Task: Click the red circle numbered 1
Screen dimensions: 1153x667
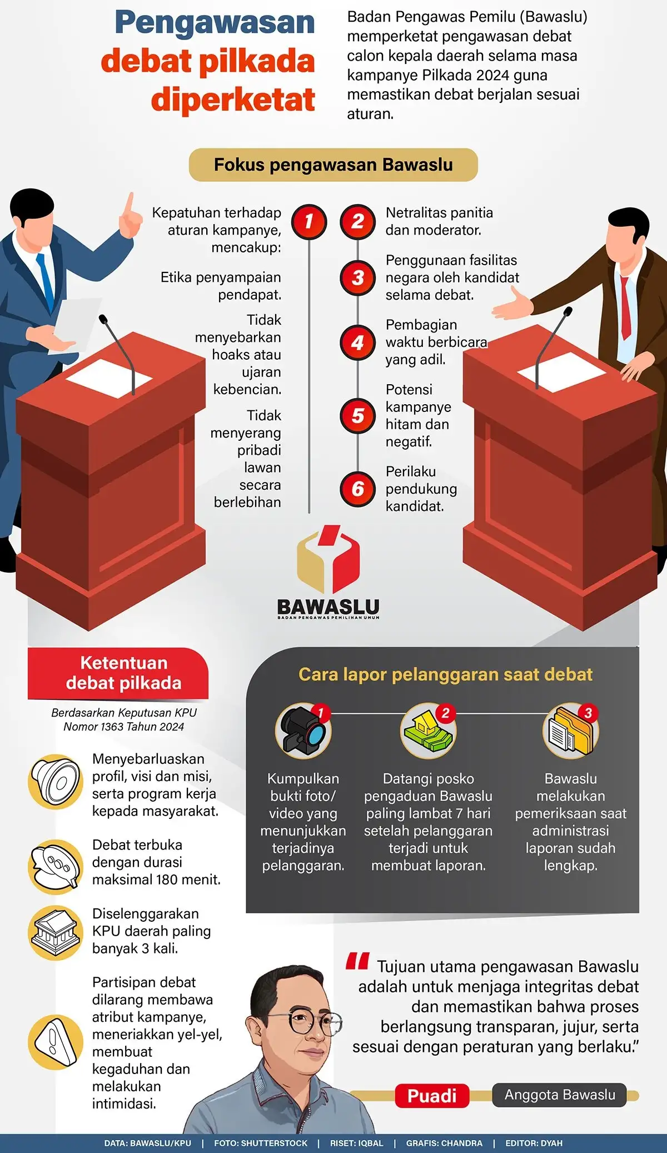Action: pos(309,222)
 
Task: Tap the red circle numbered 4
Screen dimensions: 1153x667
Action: pos(358,342)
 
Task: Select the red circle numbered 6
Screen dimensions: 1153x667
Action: pos(358,489)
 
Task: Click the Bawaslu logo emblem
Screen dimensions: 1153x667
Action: pos(328,559)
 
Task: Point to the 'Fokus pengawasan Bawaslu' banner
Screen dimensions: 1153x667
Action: pos(333,165)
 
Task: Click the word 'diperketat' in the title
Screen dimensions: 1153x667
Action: pos(233,100)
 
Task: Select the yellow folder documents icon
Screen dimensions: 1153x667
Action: pos(570,731)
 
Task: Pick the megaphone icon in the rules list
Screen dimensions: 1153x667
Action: pos(56,782)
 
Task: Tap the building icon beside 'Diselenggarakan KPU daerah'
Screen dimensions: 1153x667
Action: pos(56,933)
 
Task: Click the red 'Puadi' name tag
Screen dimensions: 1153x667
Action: pos(432,1096)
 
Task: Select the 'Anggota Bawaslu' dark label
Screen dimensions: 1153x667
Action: pos(559,1095)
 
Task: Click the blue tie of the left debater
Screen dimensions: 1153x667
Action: pos(46,281)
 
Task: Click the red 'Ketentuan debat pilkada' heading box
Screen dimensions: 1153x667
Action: pos(118,673)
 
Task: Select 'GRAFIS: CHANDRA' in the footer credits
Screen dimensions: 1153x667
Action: pos(444,1143)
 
